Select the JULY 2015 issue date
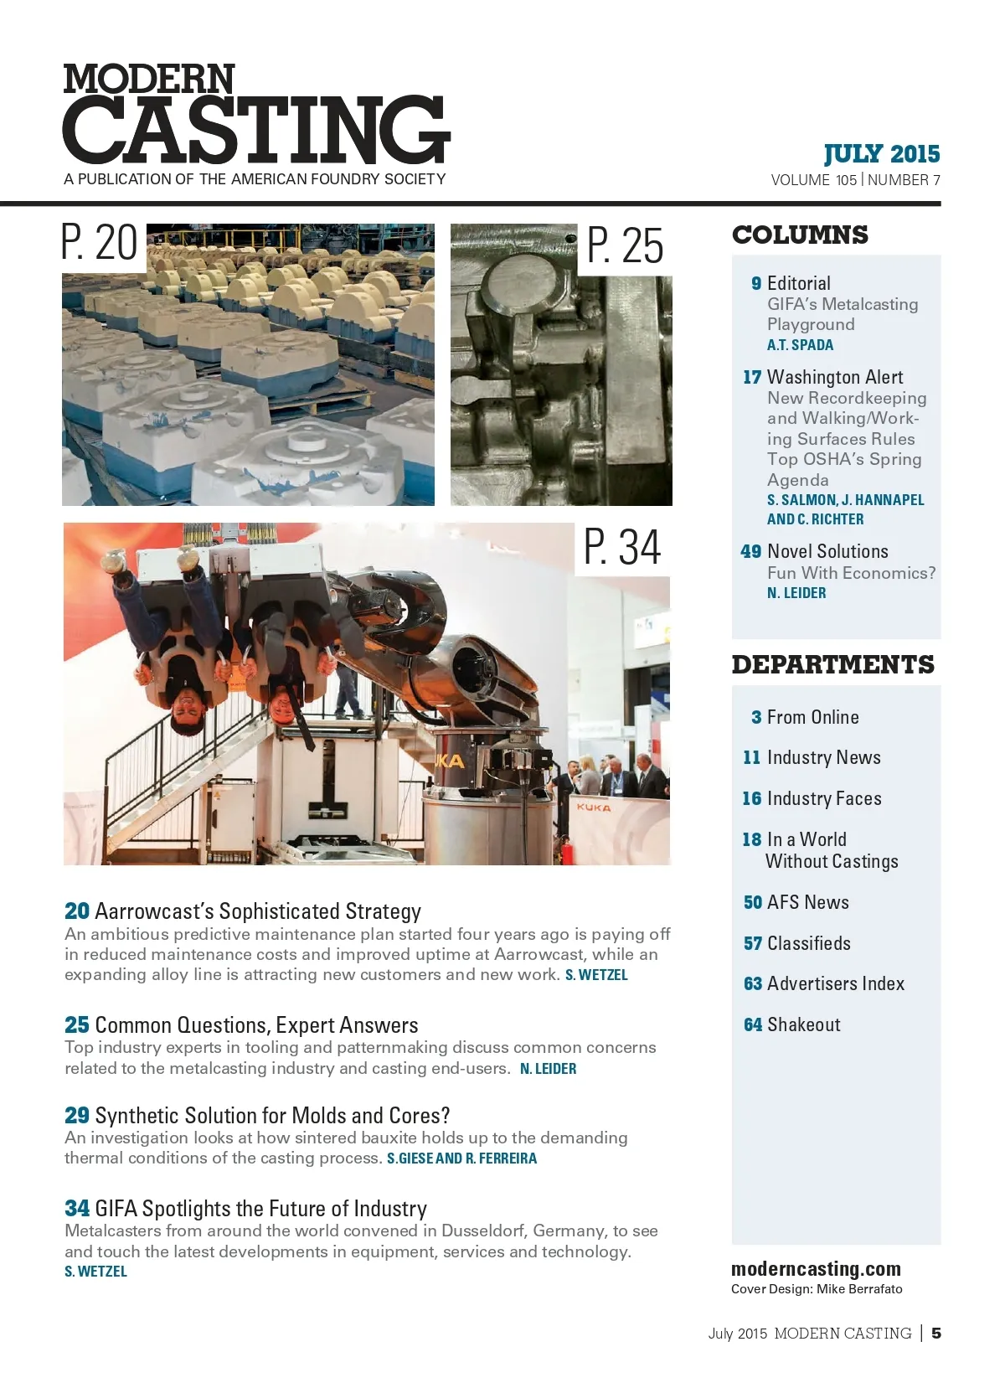pyautogui.click(x=882, y=154)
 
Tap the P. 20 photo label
pyautogui.click(x=100, y=244)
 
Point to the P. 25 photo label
pyautogui.click(x=625, y=246)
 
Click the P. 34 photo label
pyautogui.click(x=622, y=548)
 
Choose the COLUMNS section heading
pyautogui.click(x=800, y=235)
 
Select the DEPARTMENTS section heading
pyautogui.click(x=832, y=665)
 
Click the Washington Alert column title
pyautogui.click(x=835, y=377)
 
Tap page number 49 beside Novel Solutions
pyautogui.click(x=751, y=551)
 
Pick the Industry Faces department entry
pyautogui.click(x=824, y=798)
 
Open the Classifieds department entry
pyautogui.click(x=808, y=943)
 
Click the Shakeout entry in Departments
pyautogui.click(x=803, y=1024)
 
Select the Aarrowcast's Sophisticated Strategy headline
pyautogui.click(x=258, y=911)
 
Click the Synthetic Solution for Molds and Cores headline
pyautogui.click(x=272, y=1116)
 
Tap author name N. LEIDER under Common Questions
pyautogui.click(x=548, y=1069)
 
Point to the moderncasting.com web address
pyautogui.click(x=816, y=1269)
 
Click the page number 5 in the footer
pyautogui.click(x=936, y=1333)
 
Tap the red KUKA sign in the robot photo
pyautogui.click(x=594, y=808)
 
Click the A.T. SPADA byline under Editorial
pyautogui.click(x=800, y=345)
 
